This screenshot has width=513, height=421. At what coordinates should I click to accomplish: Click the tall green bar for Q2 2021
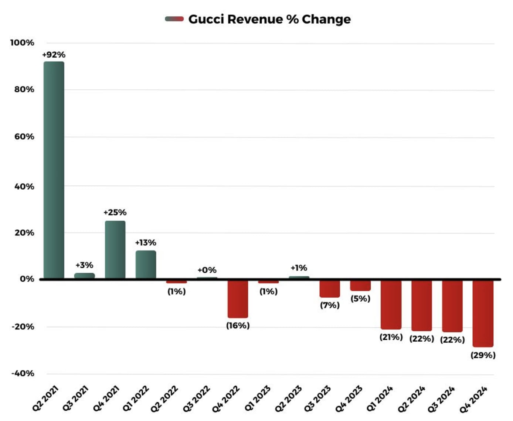pos(54,170)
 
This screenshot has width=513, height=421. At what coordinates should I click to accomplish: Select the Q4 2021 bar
pos(115,249)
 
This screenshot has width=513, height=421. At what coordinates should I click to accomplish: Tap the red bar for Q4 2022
pos(238,299)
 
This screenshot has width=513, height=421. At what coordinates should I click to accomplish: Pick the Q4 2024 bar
pos(483,313)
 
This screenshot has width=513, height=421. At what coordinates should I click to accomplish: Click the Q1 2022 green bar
pos(146,265)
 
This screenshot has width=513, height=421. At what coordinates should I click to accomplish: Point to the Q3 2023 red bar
pos(330,289)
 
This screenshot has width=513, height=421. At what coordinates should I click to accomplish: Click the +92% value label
pos(54,55)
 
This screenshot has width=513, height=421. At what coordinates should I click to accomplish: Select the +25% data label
pos(115,213)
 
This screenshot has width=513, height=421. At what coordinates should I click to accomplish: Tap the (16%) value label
pos(238,325)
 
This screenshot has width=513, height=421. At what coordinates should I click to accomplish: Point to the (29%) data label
pos(483,355)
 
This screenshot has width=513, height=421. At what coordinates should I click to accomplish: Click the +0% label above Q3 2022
pos(207,270)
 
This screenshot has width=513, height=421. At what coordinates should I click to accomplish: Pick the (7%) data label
pos(330,305)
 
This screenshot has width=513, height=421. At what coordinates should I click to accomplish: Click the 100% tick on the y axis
pos(22,43)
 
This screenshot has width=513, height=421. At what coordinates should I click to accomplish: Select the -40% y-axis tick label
pos(23,373)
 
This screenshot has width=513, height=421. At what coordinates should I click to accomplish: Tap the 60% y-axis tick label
pos(24,137)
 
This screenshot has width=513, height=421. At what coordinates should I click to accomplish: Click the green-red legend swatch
pos(174,19)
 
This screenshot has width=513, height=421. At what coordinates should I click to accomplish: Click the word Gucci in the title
pos(206,19)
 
